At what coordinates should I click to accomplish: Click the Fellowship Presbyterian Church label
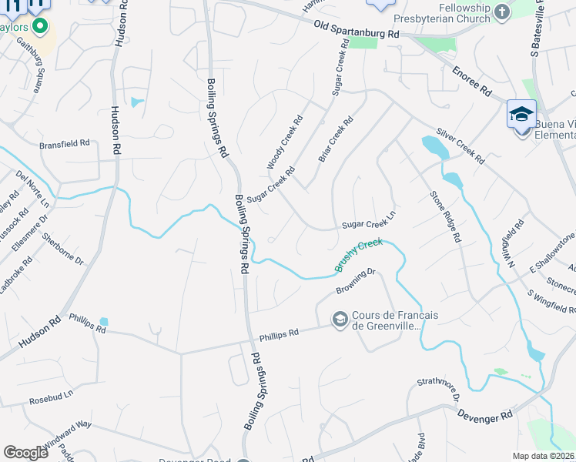[440, 12]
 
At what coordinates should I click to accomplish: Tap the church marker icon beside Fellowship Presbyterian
[501, 12]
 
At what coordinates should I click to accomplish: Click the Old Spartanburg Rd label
[357, 30]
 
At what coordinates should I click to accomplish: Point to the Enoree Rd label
[471, 81]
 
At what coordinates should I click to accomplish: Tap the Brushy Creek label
[358, 255]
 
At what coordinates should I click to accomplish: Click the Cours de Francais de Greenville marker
[339, 319]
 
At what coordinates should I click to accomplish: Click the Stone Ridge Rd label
[445, 217]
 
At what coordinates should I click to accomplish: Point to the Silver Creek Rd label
[460, 146]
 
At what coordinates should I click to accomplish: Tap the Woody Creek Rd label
[285, 142]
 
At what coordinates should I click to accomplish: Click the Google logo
[25, 453]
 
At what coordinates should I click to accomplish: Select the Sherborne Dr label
[62, 249]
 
